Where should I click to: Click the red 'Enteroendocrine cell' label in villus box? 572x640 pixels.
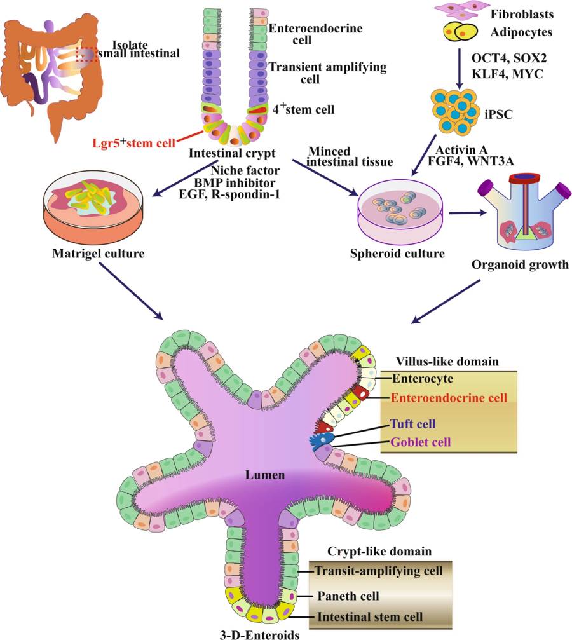pos(449,398)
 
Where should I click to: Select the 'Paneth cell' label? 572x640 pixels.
pos(348,596)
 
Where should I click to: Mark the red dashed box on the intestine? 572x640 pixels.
pos(87,54)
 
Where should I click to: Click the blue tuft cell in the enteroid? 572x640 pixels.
pos(322,440)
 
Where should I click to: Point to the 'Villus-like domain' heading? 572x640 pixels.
pos(446,362)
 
